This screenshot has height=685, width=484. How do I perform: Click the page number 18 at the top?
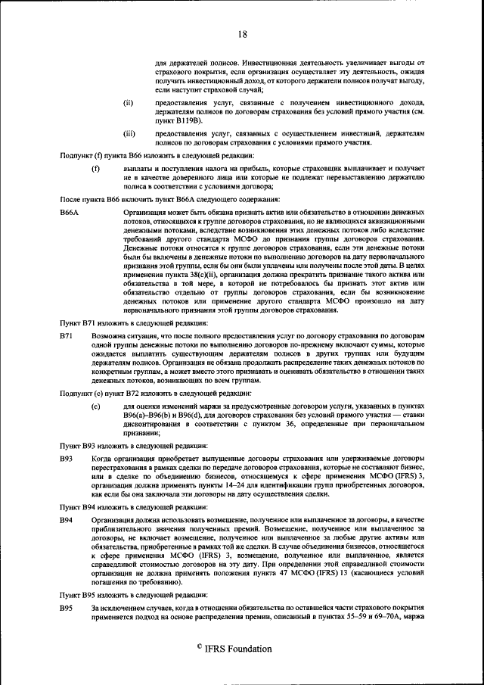[x=242, y=34]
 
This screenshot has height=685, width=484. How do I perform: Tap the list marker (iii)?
[x=129, y=133]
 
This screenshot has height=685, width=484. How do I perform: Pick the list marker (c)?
[x=95, y=406]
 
